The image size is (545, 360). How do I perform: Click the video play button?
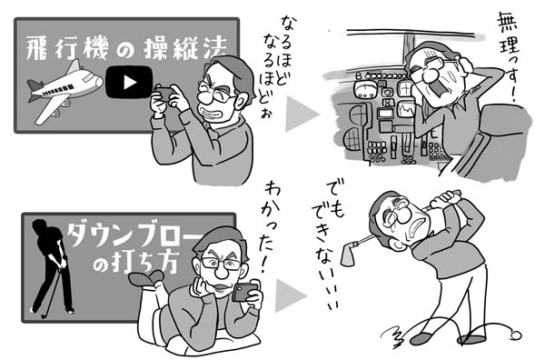(129, 83)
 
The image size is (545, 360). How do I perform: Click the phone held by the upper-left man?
(163, 94)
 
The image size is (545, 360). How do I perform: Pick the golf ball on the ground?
(516, 335)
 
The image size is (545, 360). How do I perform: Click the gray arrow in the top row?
(300, 114)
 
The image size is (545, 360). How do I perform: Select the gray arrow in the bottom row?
(289, 295)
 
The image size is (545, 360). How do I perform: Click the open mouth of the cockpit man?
(440, 89)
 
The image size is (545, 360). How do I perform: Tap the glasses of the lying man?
(221, 264)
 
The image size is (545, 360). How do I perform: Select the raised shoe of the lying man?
(145, 277)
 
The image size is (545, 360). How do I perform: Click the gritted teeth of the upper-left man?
(210, 114)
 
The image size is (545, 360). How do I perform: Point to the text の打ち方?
(135, 265)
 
